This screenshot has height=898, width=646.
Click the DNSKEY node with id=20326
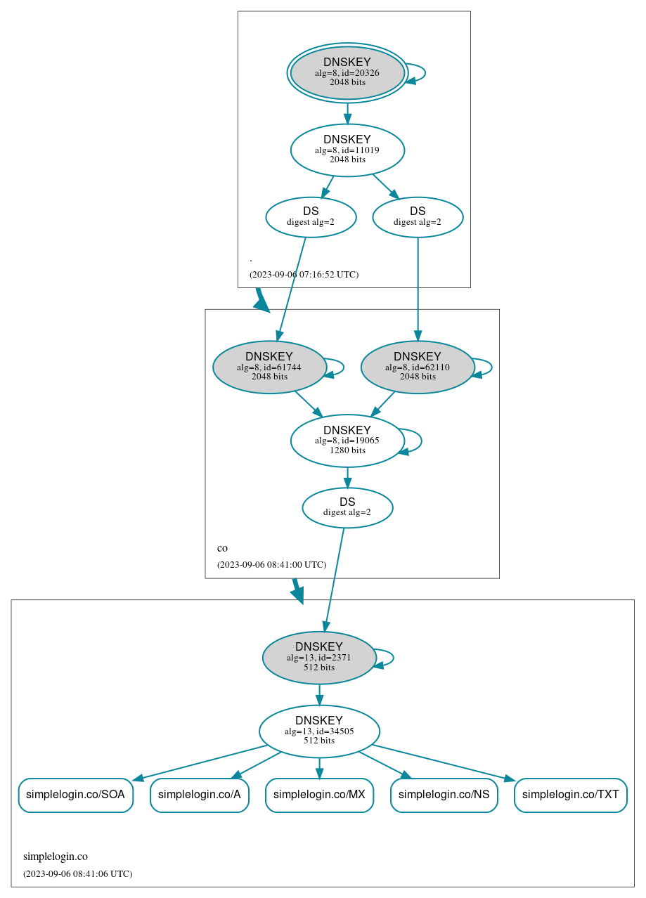(x=347, y=72)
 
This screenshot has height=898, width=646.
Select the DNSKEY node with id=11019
(x=347, y=150)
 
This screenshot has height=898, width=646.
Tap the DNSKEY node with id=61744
(x=269, y=367)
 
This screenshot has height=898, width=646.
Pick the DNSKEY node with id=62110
(x=418, y=367)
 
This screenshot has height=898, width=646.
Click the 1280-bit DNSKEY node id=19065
(x=347, y=441)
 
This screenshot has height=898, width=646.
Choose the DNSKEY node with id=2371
(x=319, y=658)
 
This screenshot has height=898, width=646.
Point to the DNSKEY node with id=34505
(x=319, y=731)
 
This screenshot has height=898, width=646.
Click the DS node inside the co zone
(x=347, y=507)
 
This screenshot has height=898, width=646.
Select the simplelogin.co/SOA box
(x=75, y=795)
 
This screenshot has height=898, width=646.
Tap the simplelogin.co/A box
(x=200, y=795)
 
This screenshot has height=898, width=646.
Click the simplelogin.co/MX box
(x=319, y=795)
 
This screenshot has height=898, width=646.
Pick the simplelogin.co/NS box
(x=444, y=795)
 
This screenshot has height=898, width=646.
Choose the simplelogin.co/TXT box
(x=571, y=795)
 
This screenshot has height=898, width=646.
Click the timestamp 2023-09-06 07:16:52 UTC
(x=304, y=275)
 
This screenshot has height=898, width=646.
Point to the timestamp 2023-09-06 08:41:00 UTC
(x=271, y=565)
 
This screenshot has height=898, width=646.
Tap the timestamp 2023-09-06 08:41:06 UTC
(x=77, y=874)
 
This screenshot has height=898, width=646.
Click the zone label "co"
(x=222, y=548)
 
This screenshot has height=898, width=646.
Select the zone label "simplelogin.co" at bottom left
(x=56, y=857)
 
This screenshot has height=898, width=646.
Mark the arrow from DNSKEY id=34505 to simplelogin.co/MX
(x=319, y=768)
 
